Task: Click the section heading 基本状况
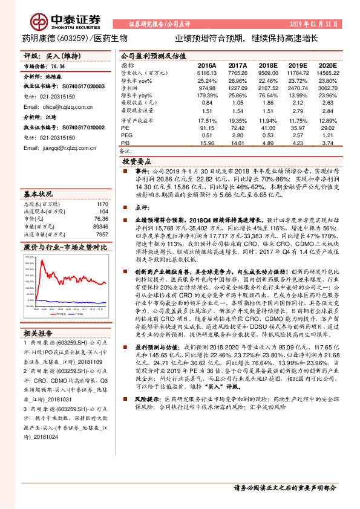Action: (38, 195)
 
